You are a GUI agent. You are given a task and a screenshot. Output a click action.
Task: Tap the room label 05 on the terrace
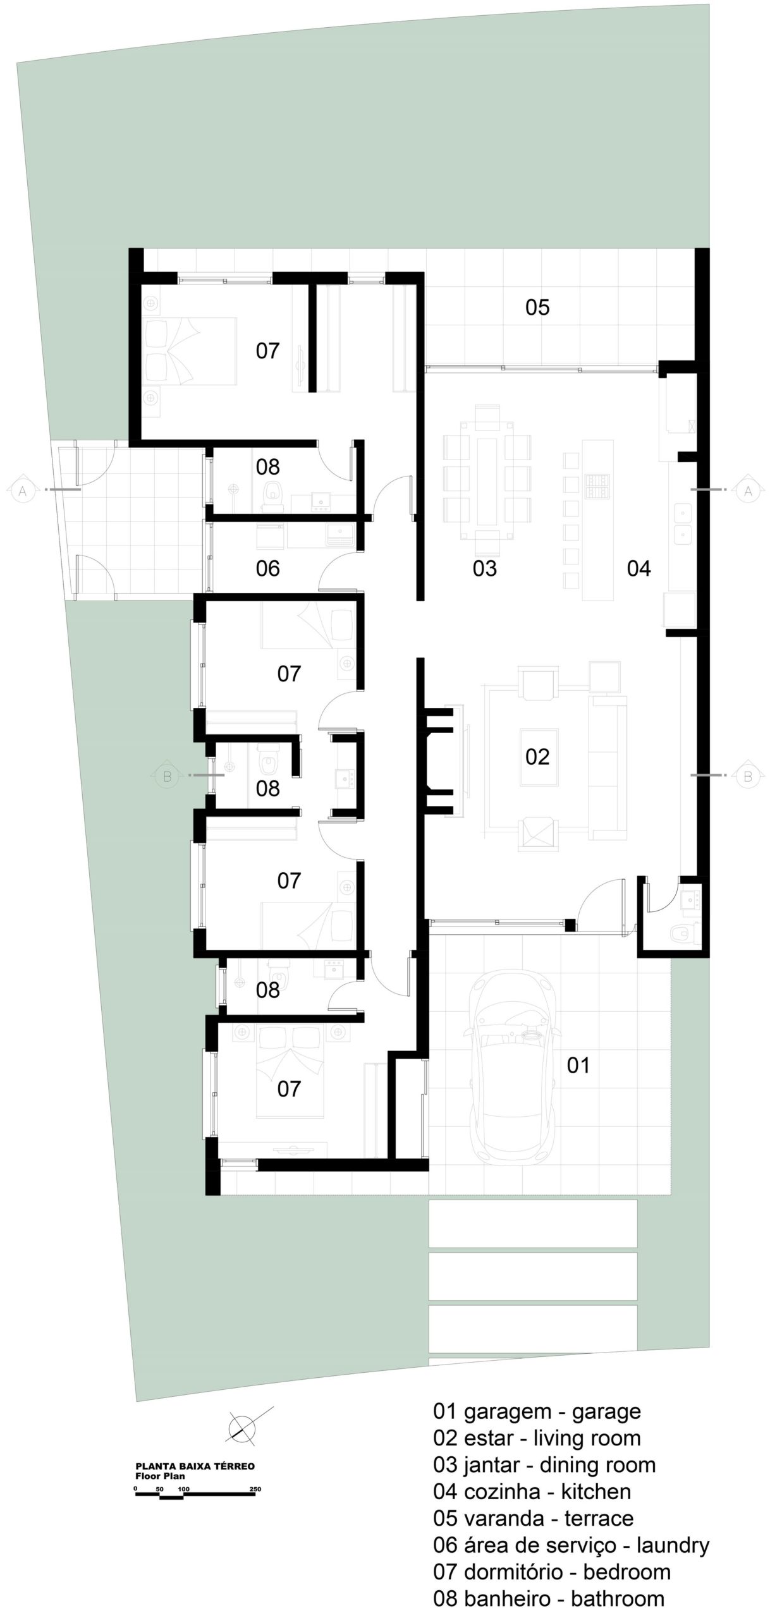pyautogui.click(x=537, y=308)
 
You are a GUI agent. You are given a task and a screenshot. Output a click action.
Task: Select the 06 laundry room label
pyautogui.click(x=267, y=568)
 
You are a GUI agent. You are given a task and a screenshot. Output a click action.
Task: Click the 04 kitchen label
pyautogui.click(x=639, y=568)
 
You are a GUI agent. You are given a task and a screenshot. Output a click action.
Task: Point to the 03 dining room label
pyautogui.click(x=485, y=568)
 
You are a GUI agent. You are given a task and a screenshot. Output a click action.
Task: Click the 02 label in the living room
pyautogui.click(x=537, y=757)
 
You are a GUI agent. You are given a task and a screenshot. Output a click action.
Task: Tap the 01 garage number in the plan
pyautogui.click(x=578, y=1065)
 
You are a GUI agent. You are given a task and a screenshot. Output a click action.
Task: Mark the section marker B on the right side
pyautogui.click(x=748, y=776)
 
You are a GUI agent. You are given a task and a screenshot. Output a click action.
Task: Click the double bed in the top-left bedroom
pyautogui.click(x=190, y=351)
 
